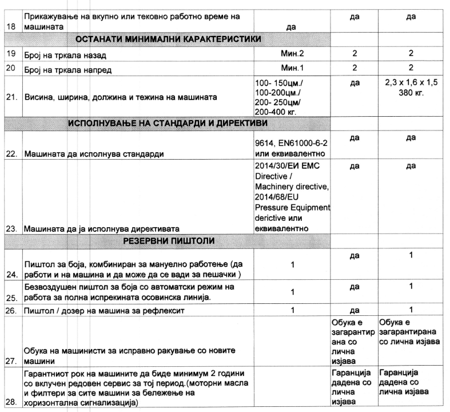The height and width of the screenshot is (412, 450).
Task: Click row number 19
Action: pos(10,56)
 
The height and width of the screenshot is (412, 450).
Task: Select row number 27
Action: pos(11,362)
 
